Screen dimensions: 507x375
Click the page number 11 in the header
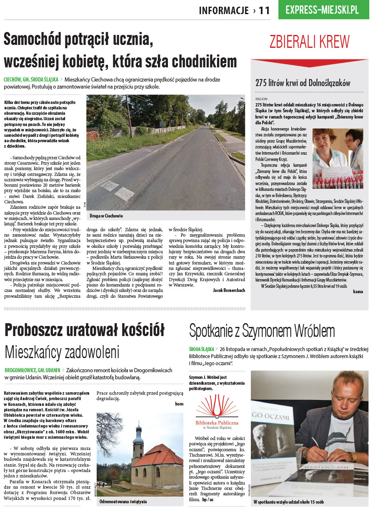(264, 10)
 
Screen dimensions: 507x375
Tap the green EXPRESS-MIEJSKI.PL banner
(323, 10)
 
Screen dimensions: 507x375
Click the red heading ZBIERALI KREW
(309, 42)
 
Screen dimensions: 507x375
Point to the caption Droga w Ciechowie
(106, 216)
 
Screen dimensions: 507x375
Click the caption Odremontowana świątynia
(123, 502)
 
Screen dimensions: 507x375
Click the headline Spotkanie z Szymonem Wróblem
(262, 331)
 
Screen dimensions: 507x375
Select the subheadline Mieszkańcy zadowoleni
(62, 352)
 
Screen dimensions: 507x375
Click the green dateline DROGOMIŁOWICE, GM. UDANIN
(32, 370)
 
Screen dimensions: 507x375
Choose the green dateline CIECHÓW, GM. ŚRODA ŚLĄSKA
(31, 79)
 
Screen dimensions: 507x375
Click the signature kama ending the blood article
(357, 292)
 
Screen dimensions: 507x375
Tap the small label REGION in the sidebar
(261, 99)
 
